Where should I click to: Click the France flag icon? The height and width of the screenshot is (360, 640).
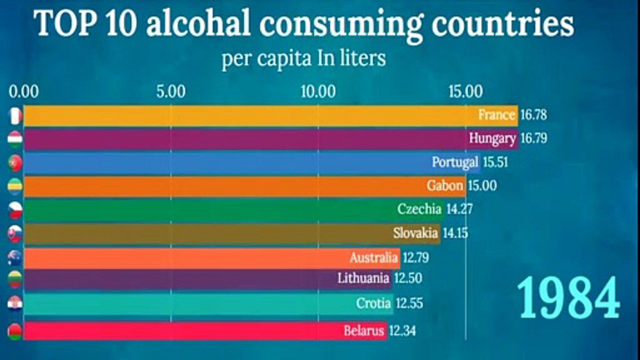(15, 116)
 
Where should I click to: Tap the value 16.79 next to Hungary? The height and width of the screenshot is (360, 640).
(533, 138)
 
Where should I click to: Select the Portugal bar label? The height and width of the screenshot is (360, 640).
(455, 162)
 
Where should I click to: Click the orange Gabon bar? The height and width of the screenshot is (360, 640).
(225, 186)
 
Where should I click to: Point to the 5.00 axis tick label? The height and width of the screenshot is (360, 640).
(170, 92)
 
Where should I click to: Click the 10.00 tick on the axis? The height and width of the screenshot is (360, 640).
(318, 92)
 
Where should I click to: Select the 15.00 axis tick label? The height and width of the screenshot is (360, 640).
(465, 92)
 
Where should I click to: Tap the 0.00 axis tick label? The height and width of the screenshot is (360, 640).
(23, 92)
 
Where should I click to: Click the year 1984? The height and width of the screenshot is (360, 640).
(568, 298)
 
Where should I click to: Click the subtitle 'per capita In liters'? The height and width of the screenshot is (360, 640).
(303, 58)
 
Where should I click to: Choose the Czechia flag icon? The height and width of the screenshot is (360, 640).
(15, 210)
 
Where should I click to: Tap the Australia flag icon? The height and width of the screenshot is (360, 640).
(15, 258)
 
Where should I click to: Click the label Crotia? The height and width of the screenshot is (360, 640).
(373, 303)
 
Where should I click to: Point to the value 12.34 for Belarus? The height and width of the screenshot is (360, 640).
(402, 330)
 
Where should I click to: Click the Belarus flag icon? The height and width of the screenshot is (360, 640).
(15, 331)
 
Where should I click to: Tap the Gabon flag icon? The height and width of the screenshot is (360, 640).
(15, 186)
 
